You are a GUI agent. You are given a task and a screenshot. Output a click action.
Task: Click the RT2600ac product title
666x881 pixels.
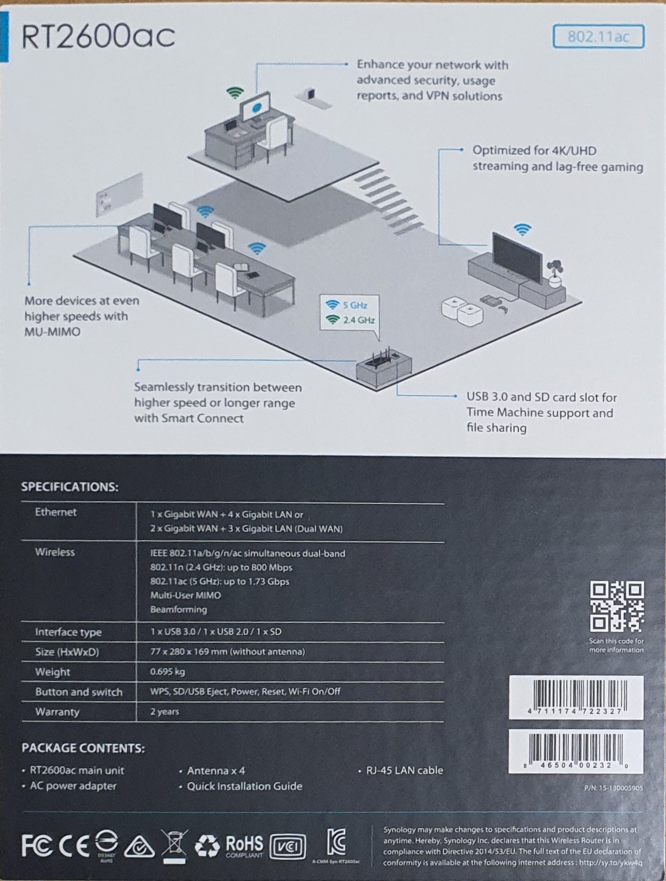[x=98, y=37]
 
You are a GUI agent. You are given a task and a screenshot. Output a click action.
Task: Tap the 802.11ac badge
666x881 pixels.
[x=598, y=36]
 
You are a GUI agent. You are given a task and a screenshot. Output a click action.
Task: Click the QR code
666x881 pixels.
[x=616, y=606]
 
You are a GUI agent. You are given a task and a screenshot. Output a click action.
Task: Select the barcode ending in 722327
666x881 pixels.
[x=576, y=697]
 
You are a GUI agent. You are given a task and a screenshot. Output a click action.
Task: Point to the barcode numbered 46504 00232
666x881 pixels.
[x=576, y=751]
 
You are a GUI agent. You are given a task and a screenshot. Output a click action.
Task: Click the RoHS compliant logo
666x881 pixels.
[x=244, y=845]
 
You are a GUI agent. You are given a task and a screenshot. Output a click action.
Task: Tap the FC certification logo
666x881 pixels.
[x=37, y=845]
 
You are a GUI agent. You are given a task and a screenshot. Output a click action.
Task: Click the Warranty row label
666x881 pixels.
[x=57, y=712]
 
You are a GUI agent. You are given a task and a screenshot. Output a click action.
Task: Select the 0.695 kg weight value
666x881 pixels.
[x=168, y=671]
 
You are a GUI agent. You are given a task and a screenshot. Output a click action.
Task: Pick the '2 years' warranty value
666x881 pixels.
[x=164, y=711]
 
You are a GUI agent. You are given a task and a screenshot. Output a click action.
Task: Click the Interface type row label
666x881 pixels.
[x=68, y=632]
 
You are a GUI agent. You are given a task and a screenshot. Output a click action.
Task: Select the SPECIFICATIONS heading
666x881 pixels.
[x=70, y=487]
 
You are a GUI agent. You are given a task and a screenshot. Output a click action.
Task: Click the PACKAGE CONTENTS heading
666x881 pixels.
[x=83, y=748]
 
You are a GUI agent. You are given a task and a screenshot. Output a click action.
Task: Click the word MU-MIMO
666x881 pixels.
[x=52, y=332]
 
